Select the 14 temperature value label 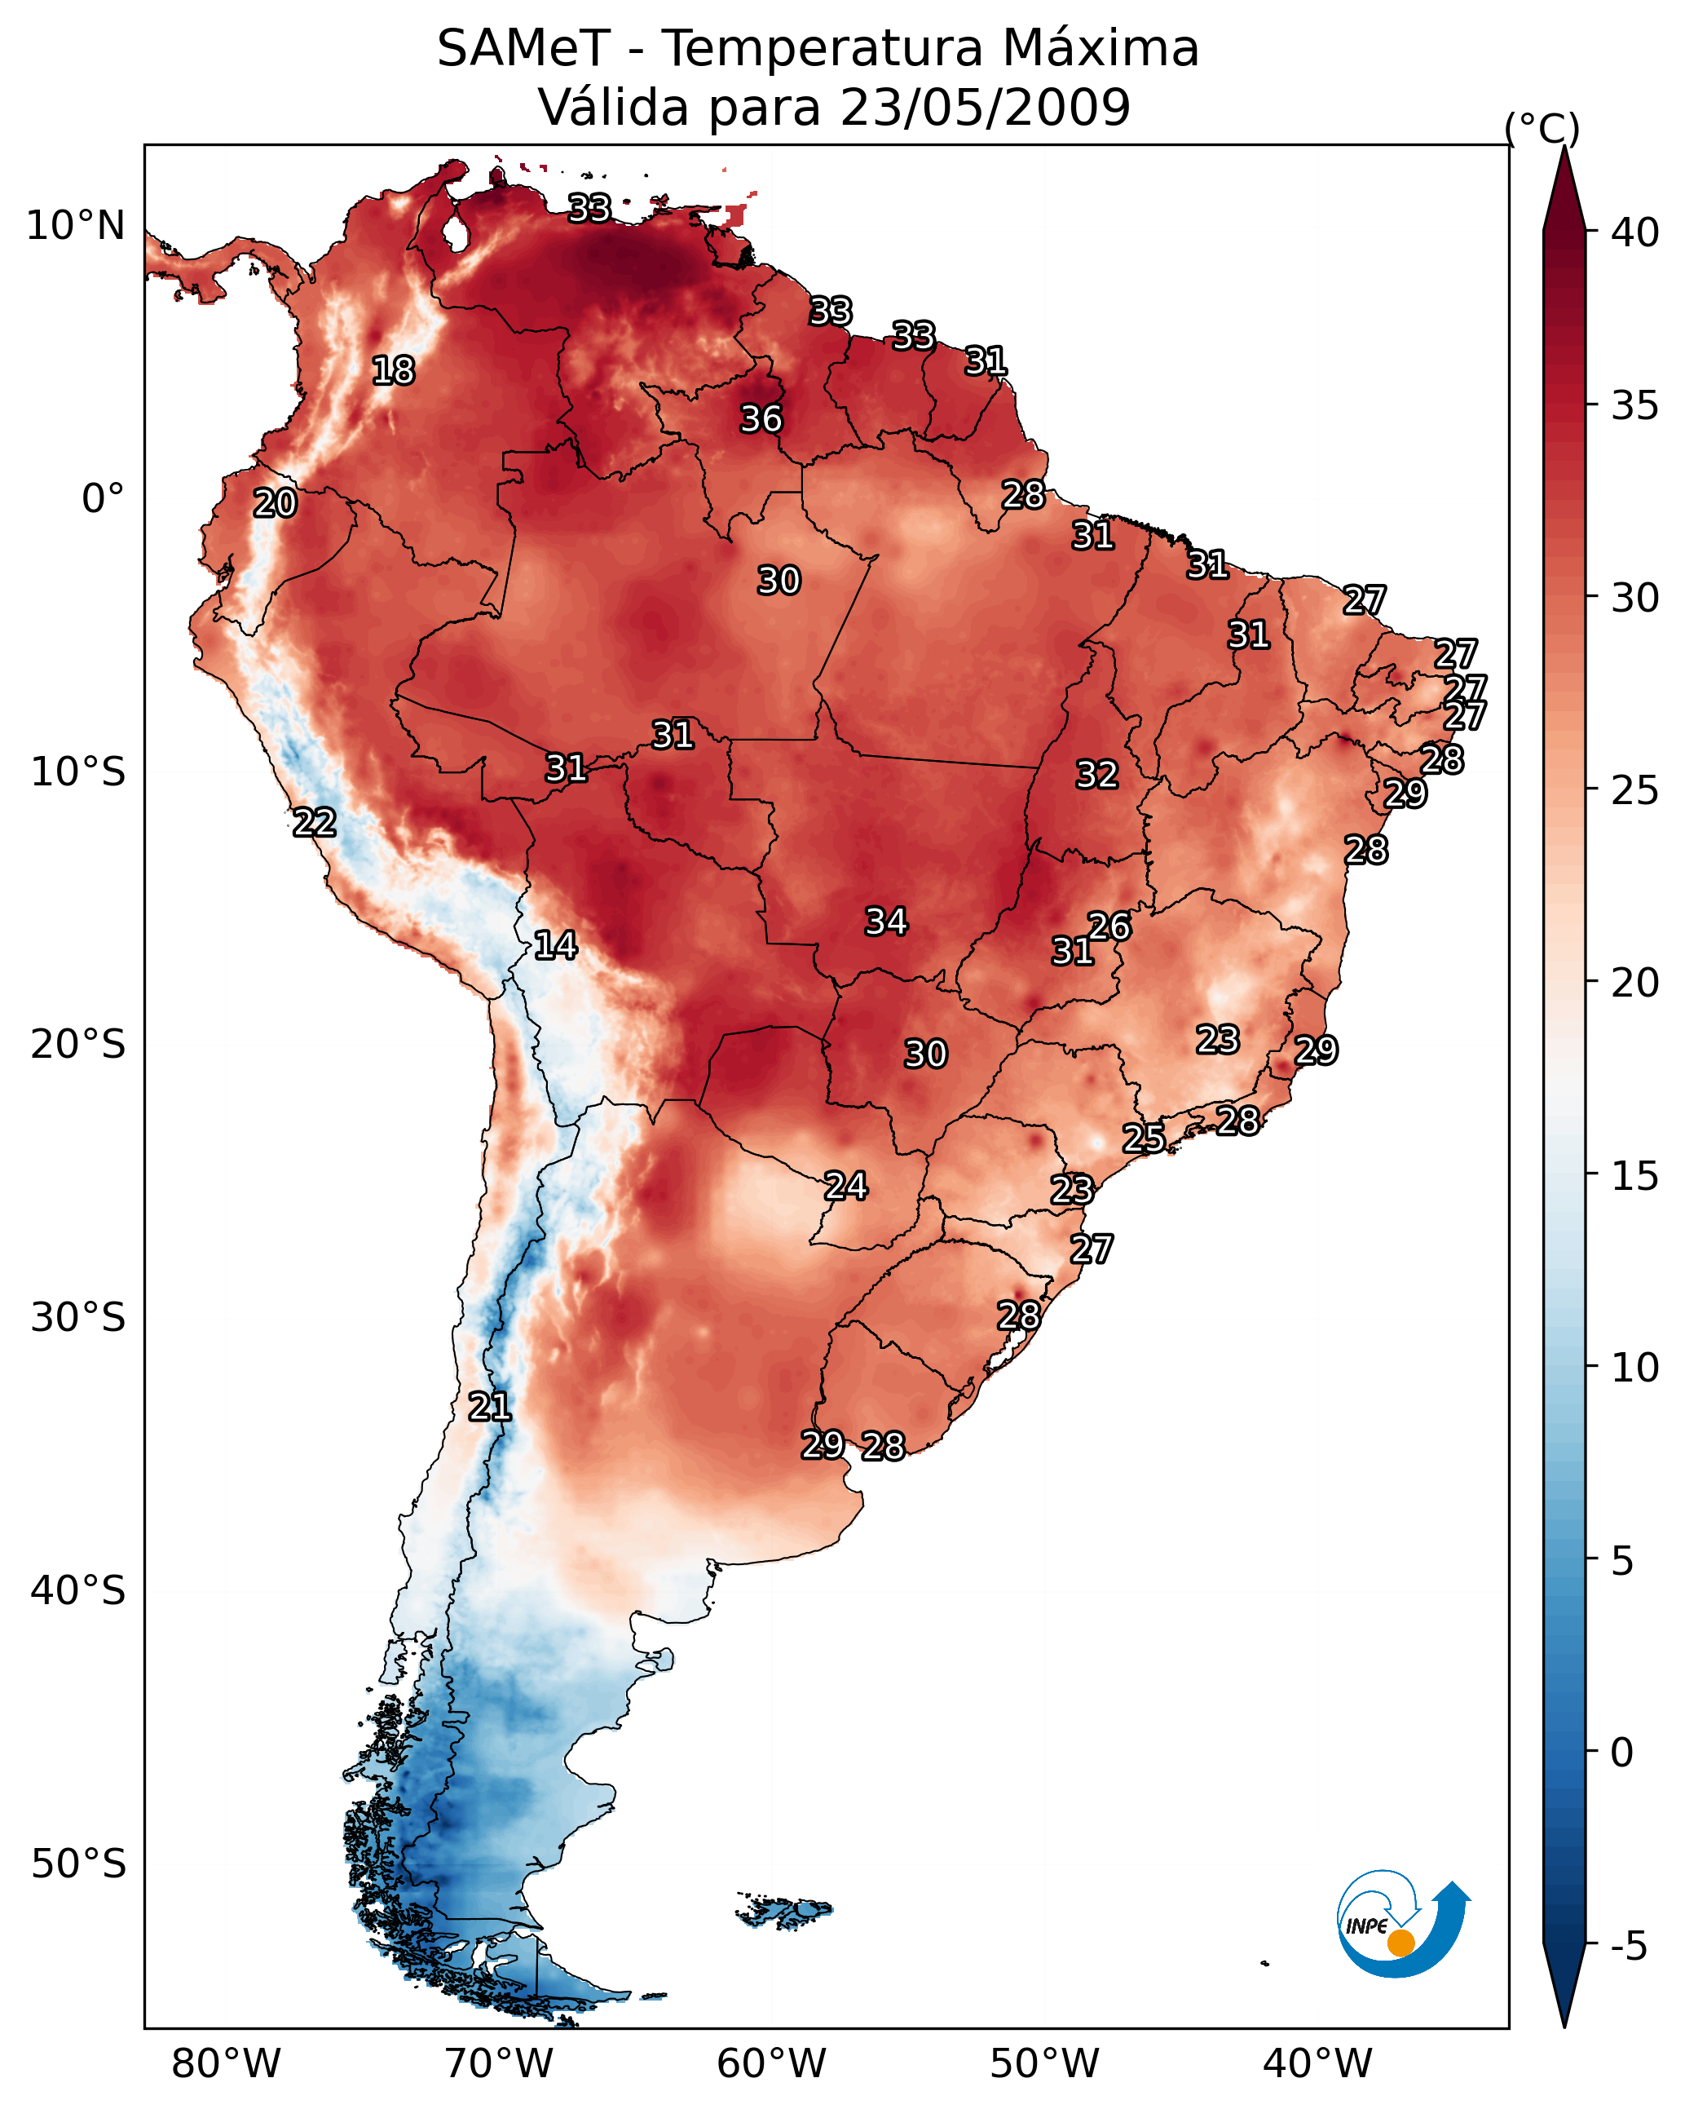pos(555,945)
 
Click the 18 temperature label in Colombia pos(393,371)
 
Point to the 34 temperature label pos(886,922)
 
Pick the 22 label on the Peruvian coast pos(314,823)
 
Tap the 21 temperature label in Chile pos(489,1407)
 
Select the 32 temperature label pos(1096,775)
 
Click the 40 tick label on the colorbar pos(1635,232)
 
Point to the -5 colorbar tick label pos(1630,1947)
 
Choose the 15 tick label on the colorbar pos(1635,1176)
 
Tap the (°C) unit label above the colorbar pos(1542,128)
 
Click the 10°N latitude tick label pos(75,226)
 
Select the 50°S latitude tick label pos(78,1864)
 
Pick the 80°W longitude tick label pos(226,2064)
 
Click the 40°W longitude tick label pos(1317,2064)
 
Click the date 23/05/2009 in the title pos(985,108)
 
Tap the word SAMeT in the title pos(524,49)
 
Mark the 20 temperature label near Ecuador pos(275,504)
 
